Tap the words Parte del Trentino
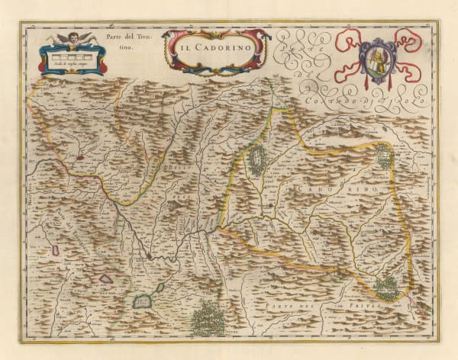[x=118, y=42]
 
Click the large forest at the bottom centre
[x=207, y=317]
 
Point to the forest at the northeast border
[x=384, y=156]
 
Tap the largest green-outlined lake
[x=143, y=301]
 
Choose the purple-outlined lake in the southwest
[x=105, y=278]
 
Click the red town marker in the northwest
[x=79, y=159]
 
